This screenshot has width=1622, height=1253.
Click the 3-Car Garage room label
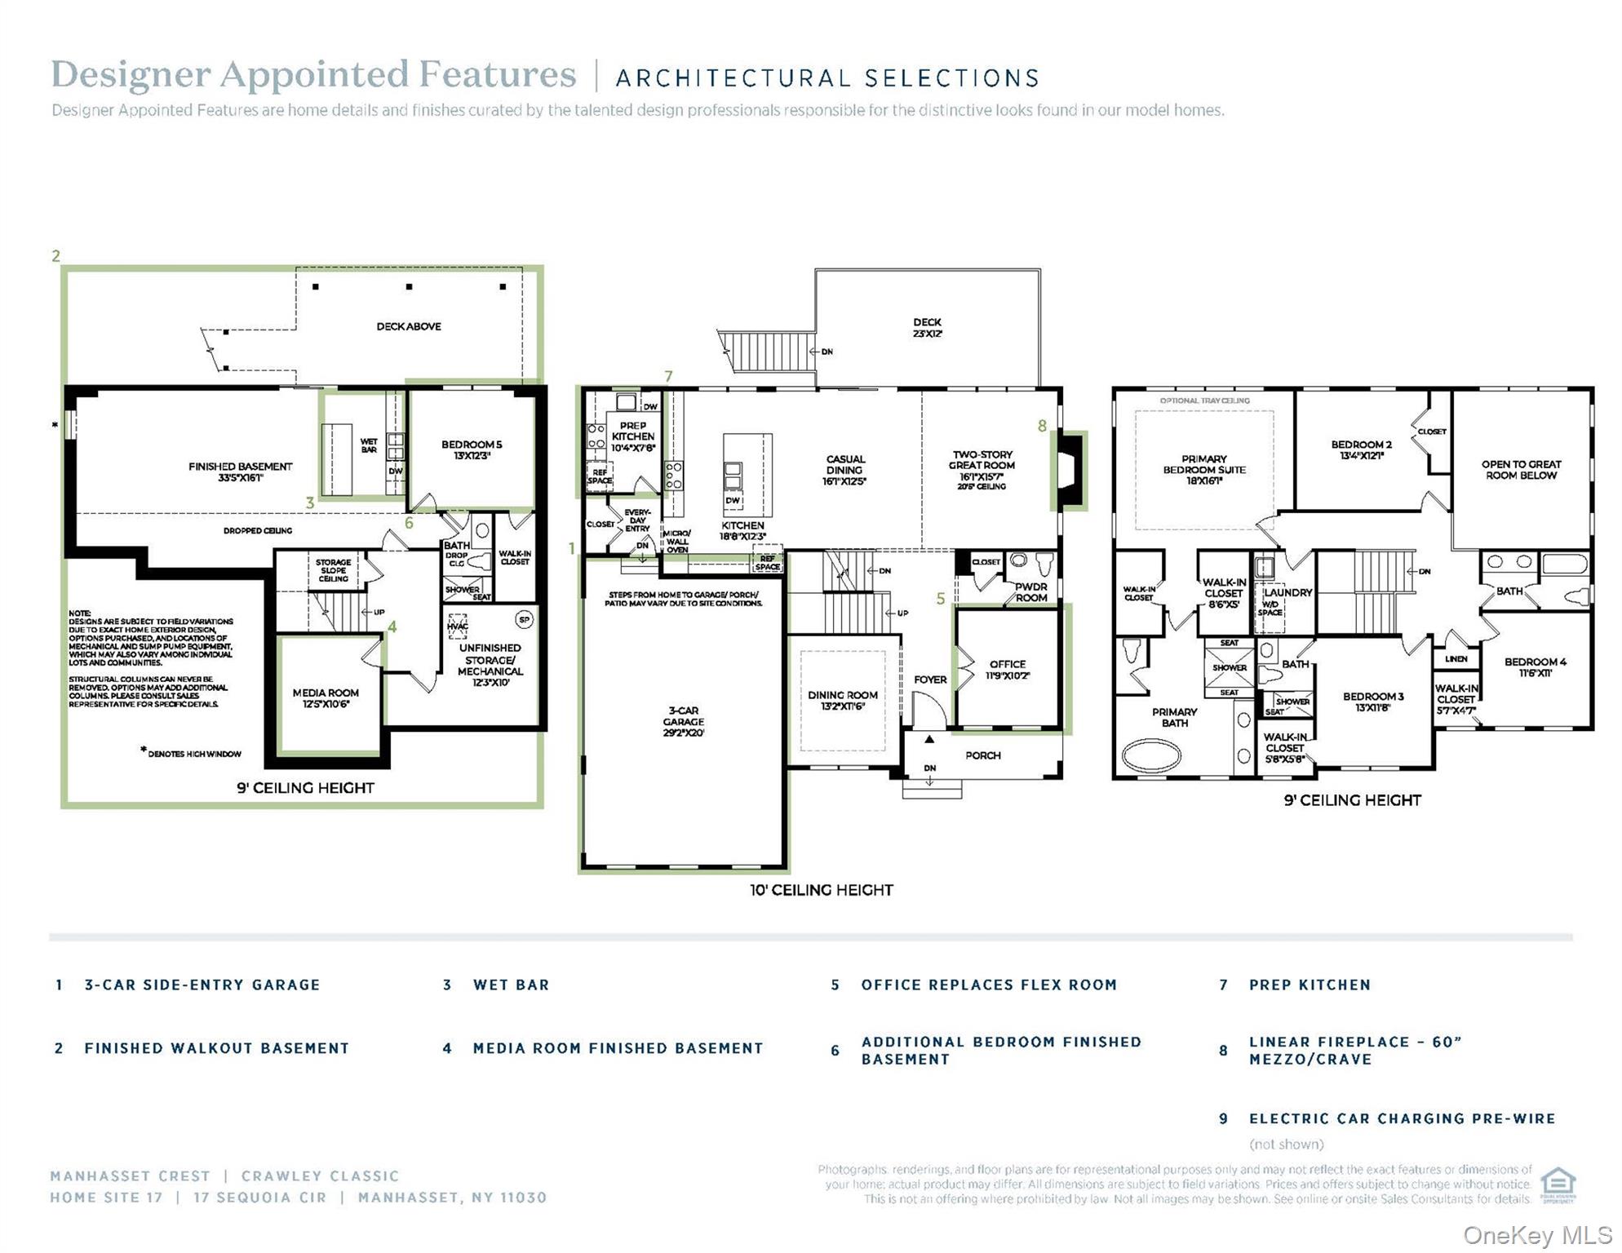[x=683, y=722]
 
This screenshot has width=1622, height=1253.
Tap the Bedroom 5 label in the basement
[x=472, y=449]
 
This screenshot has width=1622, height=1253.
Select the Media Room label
[x=326, y=698]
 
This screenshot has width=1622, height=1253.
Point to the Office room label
[x=1008, y=670]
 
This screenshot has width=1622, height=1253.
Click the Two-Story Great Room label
[x=982, y=466]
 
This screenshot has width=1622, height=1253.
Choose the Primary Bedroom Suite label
[x=1203, y=470]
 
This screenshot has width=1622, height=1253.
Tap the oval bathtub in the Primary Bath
[x=1151, y=755]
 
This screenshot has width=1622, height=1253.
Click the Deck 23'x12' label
[x=927, y=328]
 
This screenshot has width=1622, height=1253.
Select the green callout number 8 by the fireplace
[x=1042, y=426]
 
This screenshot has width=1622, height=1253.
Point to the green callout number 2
[x=55, y=256]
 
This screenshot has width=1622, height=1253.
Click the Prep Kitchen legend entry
[x=1309, y=985]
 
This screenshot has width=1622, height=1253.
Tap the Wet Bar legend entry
[x=511, y=985]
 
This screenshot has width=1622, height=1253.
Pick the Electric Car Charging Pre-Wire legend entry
[x=1402, y=1118]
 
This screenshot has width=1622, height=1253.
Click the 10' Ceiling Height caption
[x=821, y=890]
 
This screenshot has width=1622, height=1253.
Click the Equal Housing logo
[x=1558, y=1184]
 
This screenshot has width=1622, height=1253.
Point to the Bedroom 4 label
[x=1535, y=667]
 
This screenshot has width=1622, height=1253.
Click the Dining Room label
[x=843, y=701]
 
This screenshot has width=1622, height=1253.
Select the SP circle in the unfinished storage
[x=525, y=620]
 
